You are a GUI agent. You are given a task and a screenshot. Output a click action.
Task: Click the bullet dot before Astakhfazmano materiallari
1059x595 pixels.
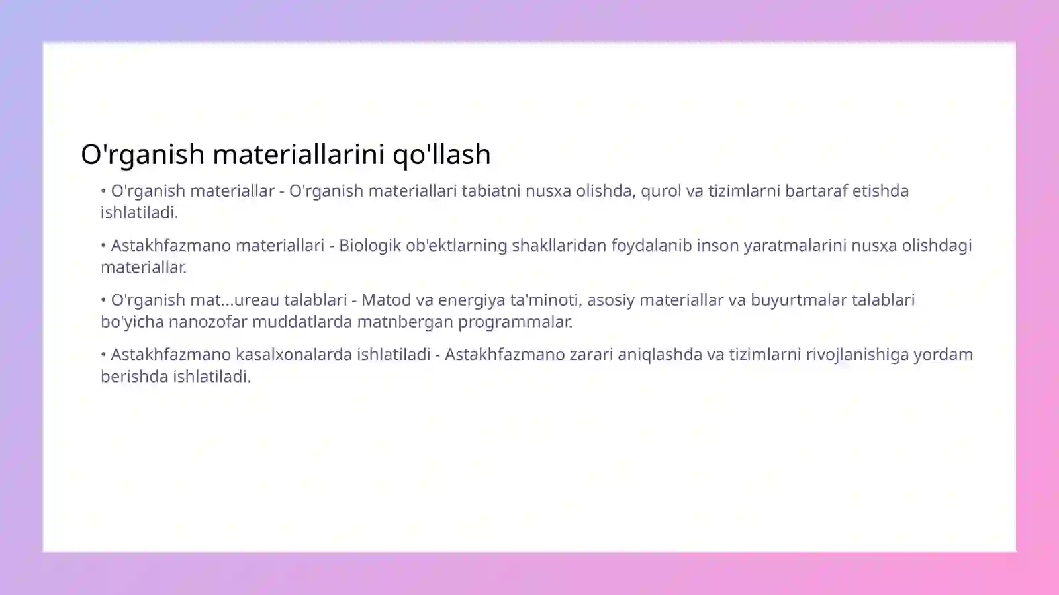click(104, 246)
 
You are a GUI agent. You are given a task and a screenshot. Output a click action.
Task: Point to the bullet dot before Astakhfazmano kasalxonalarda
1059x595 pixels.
click(104, 355)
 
